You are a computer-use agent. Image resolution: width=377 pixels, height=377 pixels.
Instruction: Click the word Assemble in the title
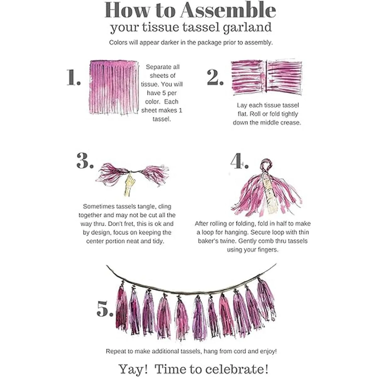point(228,10)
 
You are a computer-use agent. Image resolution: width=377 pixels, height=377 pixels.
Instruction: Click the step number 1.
point(74,78)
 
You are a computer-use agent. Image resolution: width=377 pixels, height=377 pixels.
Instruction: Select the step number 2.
point(215,78)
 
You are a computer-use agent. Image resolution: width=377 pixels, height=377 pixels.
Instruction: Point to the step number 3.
point(85,161)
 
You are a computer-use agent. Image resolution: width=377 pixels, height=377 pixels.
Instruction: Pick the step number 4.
point(239,161)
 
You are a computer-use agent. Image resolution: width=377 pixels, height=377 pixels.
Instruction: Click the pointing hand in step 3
point(130,183)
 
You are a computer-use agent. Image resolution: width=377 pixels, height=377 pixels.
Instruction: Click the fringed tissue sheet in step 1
point(114,87)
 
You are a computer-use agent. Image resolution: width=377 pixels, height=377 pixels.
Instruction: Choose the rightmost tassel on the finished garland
point(266,299)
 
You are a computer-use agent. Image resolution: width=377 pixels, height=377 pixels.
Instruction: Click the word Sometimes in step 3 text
point(99,206)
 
